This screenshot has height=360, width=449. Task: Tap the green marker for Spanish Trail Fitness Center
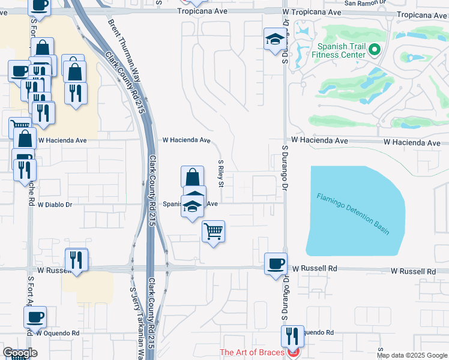375,50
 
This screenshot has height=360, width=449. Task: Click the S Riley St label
221,173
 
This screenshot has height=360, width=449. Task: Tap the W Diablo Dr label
55,205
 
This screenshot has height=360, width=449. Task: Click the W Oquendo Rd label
58,332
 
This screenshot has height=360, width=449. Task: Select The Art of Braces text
252,352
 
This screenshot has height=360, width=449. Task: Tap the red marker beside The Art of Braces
294,353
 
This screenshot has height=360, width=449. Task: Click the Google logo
19,353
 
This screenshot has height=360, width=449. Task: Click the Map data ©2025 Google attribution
412,355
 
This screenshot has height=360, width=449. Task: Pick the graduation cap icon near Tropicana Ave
275,39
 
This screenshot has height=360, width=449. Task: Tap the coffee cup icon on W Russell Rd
276,263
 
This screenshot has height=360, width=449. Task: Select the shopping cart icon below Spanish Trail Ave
214,230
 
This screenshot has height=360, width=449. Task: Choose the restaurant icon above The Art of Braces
293,335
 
